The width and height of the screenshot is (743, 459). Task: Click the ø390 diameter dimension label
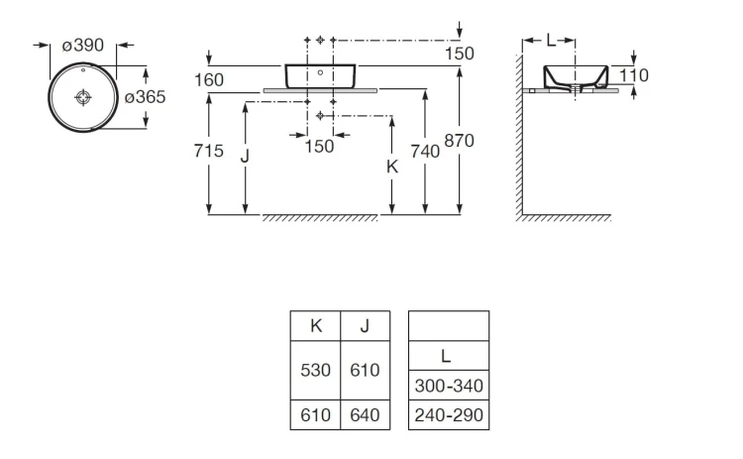click(83, 46)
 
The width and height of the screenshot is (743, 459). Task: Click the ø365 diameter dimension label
click(145, 97)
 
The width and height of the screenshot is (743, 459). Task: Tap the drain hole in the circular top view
click(83, 97)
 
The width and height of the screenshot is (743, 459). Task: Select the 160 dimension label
click(209, 80)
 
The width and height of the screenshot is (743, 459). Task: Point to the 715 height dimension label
click(208, 151)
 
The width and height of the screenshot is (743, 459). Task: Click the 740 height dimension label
click(425, 152)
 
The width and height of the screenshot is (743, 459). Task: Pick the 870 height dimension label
click(459, 141)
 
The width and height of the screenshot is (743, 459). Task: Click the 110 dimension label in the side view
click(634, 75)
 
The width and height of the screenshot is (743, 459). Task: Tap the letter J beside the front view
click(245, 155)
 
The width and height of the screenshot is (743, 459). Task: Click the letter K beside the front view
click(392, 167)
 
